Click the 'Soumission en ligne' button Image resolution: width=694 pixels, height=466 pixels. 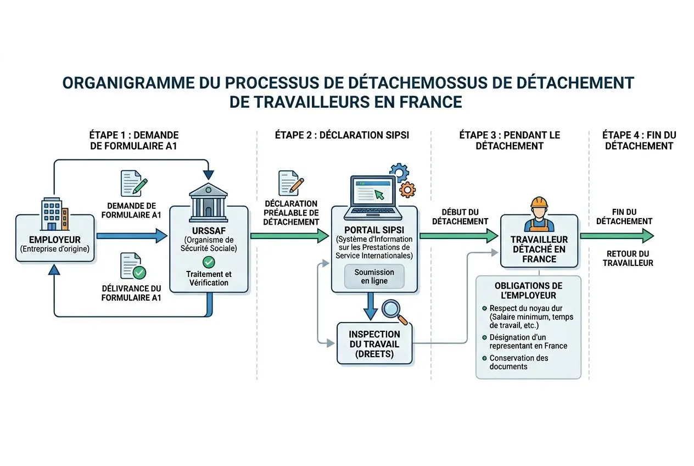click(x=374, y=276)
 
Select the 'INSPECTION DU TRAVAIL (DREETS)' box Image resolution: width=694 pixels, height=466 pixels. click(x=374, y=343)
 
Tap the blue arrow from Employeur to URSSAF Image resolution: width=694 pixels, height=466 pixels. click(x=131, y=236)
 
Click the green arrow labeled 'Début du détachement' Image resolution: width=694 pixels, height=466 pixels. click(x=459, y=236)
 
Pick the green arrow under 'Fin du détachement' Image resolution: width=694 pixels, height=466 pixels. click(x=617, y=236)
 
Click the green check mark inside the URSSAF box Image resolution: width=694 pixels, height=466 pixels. click(x=208, y=262)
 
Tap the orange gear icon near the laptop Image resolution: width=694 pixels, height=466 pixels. click(x=407, y=190)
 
